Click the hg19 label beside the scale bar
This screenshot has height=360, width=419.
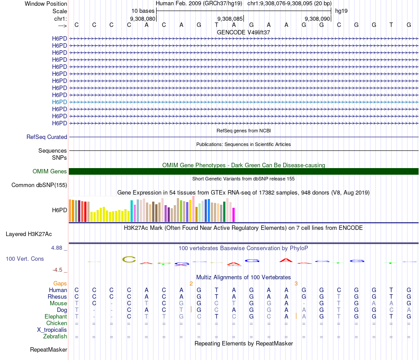pyautogui.click(x=341, y=11)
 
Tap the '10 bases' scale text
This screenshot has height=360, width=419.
pyautogui.click(x=143, y=11)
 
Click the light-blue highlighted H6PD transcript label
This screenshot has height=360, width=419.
pyautogui.click(x=60, y=102)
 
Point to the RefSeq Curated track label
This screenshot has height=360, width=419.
pyautogui.click(x=47, y=137)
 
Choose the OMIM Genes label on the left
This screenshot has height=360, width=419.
pyautogui.click(x=50, y=172)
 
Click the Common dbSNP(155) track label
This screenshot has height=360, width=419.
pyautogui.click(x=39, y=185)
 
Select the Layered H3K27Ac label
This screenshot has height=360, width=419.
pyautogui.click(x=29, y=234)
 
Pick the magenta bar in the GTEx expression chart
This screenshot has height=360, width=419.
pyautogui.click(x=233, y=215)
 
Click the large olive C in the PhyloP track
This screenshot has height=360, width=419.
pyautogui.click(x=129, y=259)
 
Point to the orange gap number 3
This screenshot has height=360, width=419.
pyautogui.click(x=296, y=283)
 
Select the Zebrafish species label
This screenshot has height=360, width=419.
pyautogui.click(x=55, y=337)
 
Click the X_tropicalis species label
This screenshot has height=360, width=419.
pyautogui.click(x=52, y=330)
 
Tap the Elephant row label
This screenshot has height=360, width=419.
pyautogui.click(x=56, y=317)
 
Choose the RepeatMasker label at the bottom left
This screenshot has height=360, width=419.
pyautogui.click(x=49, y=350)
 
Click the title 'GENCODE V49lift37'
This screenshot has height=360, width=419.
pyautogui.click(x=243, y=32)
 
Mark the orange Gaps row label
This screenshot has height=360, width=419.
pyautogui.click(x=60, y=283)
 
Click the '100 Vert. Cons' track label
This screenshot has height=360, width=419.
pyautogui.click(x=25, y=259)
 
